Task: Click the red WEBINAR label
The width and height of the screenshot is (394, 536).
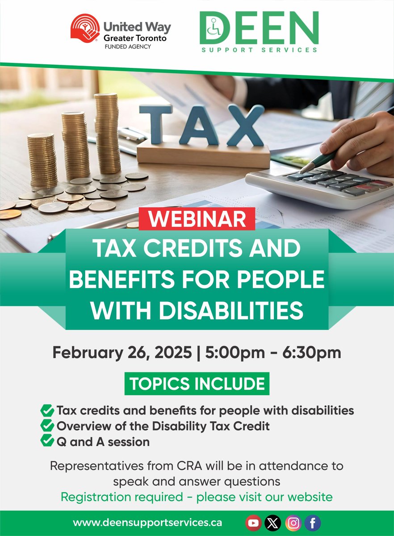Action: pos(197,220)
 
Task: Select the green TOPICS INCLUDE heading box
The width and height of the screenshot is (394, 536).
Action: pos(197,384)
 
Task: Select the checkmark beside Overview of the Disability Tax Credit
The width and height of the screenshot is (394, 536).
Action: pos(46,426)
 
